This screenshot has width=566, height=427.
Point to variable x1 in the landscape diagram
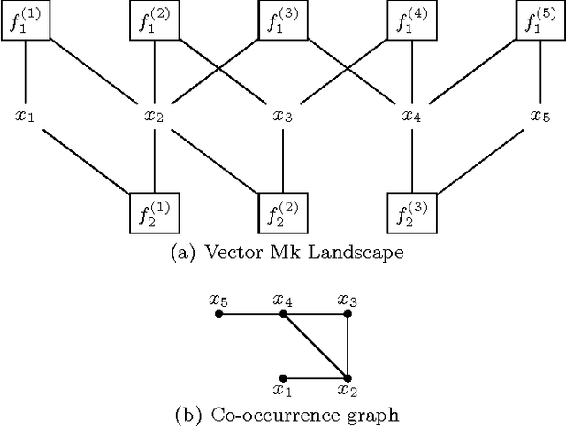tap(26, 115)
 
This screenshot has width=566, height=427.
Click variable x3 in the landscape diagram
tap(283, 115)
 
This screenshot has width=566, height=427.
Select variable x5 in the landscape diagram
tap(540, 115)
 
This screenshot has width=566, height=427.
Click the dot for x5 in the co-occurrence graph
tap(218, 314)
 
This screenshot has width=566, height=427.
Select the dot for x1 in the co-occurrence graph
tap(283, 377)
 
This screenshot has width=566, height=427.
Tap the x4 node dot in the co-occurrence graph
tap(283, 314)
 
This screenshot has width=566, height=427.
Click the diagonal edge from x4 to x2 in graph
tap(315, 346)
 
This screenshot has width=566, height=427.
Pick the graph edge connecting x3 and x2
tap(347, 346)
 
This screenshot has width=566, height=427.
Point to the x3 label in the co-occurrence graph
tap(347, 300)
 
